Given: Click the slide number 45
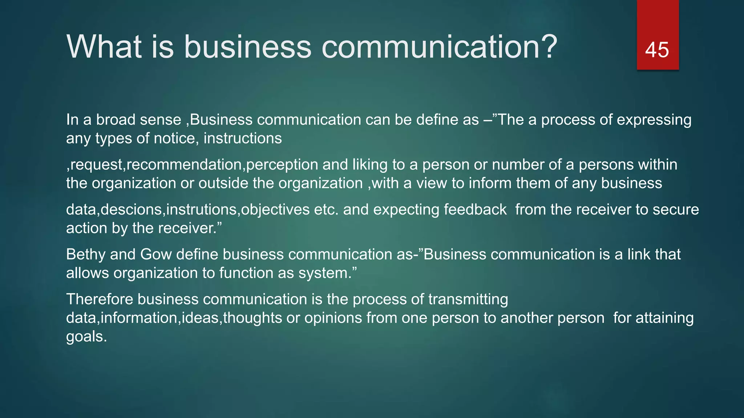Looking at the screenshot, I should [x=657, y=50].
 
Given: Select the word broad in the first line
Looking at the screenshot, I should [x=116, y=120].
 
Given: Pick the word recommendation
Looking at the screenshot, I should [x=184, y=165].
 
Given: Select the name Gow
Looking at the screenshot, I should [x=156, y=254].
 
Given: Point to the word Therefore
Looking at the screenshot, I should [x=100, y=299].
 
